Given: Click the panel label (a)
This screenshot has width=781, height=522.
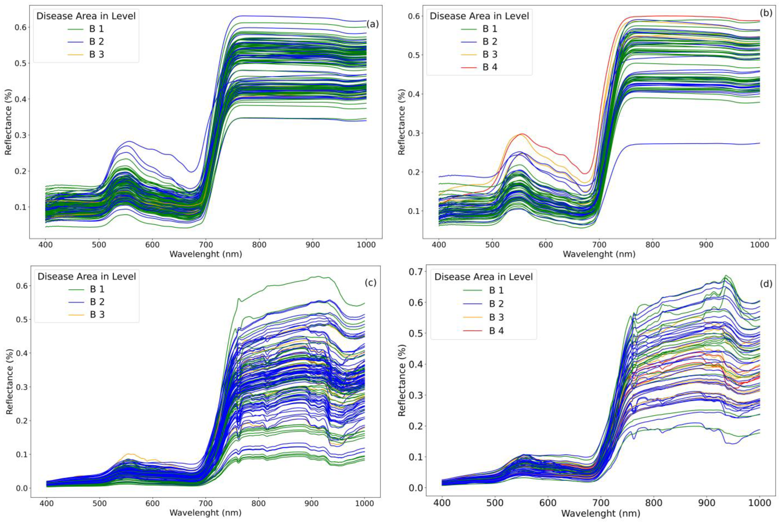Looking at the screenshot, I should coord(372,24).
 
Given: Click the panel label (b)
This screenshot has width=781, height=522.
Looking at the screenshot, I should coord(766,22).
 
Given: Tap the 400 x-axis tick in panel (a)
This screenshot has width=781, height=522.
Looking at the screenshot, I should coord(45,245).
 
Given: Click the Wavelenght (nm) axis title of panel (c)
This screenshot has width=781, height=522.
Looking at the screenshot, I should coord(205,513).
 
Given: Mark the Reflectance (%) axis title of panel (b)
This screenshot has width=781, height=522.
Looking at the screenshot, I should coord(402,122).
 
